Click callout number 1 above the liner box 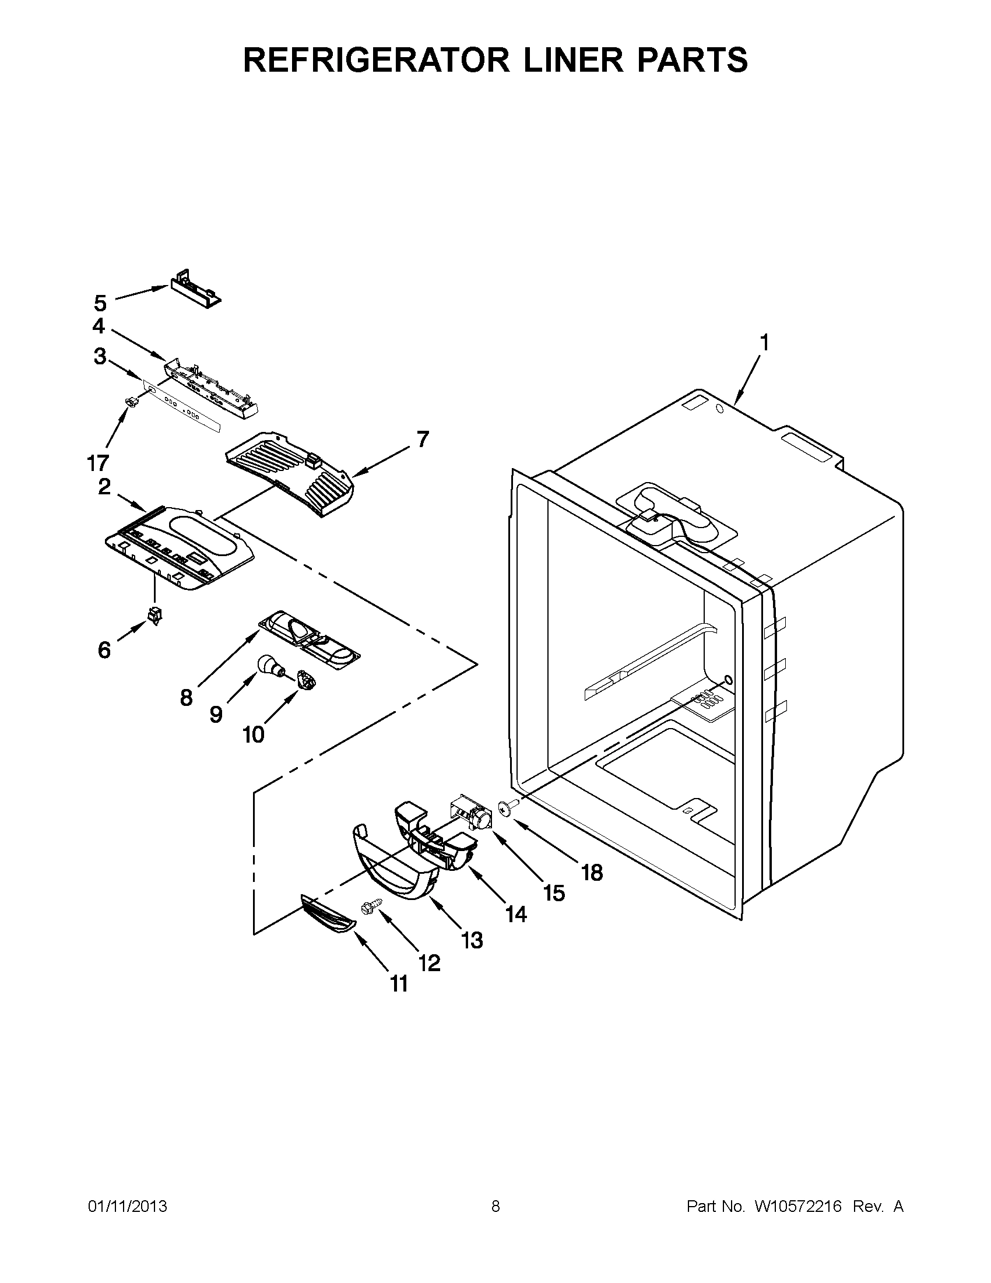click(764, 342)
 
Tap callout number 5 click(100, 304)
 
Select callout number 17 click(98, 463)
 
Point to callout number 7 click(423, 439)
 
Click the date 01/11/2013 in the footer click(128, 1207)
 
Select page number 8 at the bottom click(495, 1207)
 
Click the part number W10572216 click(798, 1207)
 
